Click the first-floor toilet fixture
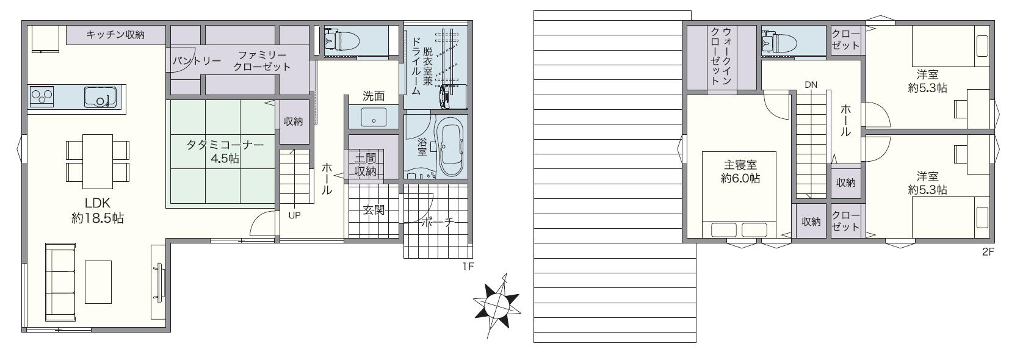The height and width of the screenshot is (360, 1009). point(342,40)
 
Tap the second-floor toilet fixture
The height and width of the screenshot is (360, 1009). point(779,42)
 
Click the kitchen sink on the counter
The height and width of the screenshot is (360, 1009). point(99,97)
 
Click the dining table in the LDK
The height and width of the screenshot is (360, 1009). point(98,161)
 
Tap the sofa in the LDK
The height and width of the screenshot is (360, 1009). point(60,282)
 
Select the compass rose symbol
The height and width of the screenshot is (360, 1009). point(497,306)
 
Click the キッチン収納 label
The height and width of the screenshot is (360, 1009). point(115,35)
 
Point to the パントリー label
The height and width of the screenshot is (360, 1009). point(197,61)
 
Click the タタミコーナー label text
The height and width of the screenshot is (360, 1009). point(225,145)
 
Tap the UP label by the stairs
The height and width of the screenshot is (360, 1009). point(295,215)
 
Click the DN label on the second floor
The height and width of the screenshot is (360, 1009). point(811,85)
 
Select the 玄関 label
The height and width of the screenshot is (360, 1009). point(374,210)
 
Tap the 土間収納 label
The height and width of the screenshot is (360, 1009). point(365,165)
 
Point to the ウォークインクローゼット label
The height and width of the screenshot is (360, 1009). point(721,56)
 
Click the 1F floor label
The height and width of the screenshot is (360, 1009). point(468,267)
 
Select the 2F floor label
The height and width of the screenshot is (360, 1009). point(988,252)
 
